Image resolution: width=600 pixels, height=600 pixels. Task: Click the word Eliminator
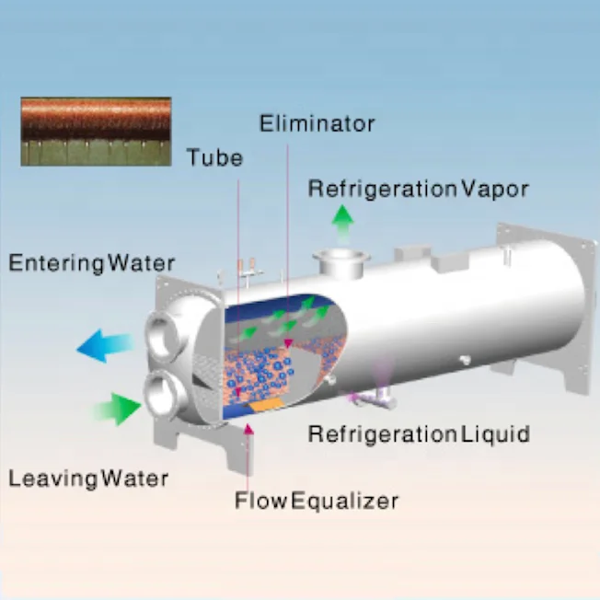[317, 123]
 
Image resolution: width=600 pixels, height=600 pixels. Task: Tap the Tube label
[214, 157]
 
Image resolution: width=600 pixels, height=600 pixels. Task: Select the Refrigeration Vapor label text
[418, 190]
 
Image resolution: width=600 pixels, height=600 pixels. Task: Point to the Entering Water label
[91, 263]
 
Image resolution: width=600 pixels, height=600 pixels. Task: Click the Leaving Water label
[88, 479]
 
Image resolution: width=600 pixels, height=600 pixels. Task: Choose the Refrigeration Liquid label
[419, 433]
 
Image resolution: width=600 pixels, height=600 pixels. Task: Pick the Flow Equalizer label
[316, 502]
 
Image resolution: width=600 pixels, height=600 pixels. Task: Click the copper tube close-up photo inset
[96, 131]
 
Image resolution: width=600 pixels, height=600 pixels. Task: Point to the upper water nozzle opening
[167, 329]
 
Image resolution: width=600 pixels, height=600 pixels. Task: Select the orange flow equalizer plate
[268, 405]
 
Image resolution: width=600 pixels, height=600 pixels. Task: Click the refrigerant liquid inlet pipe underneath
[373, 398]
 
